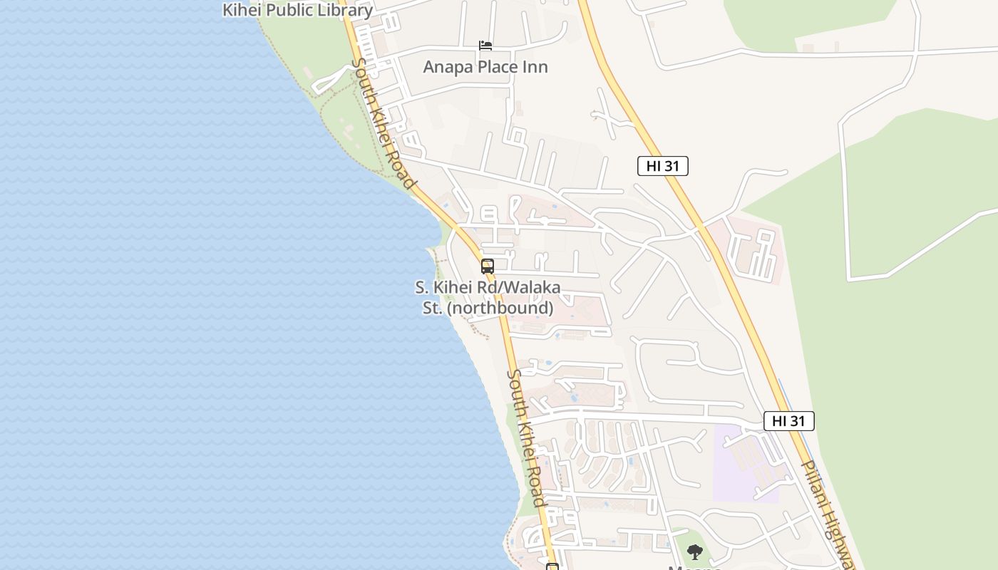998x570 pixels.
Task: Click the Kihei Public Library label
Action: (297, 10)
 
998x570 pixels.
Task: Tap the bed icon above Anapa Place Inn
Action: (485, 46)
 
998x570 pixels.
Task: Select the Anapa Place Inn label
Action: (485, 67)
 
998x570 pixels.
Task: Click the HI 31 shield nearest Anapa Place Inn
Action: (662, 166)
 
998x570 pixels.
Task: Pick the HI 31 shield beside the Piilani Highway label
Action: (788, 420)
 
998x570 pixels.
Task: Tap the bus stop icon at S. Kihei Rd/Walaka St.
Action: (488, 266)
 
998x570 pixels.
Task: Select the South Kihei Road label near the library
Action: (383, 123)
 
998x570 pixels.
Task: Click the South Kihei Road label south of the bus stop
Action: (527, 438)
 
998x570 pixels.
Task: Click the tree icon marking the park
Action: (694, 551)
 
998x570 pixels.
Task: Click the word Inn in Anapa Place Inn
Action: (535, 67)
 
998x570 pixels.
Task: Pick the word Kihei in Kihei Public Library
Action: (242, 10)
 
